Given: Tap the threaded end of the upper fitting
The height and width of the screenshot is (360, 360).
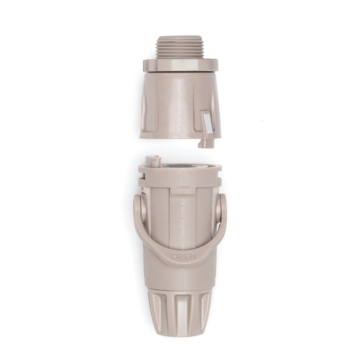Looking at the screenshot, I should [180, 47].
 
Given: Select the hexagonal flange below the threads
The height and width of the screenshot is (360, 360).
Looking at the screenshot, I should [180, 65].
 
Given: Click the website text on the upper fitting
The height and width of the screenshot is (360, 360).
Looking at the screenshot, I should [179, 105].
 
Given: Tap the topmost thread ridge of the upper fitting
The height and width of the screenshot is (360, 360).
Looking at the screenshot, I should [180, 38].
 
